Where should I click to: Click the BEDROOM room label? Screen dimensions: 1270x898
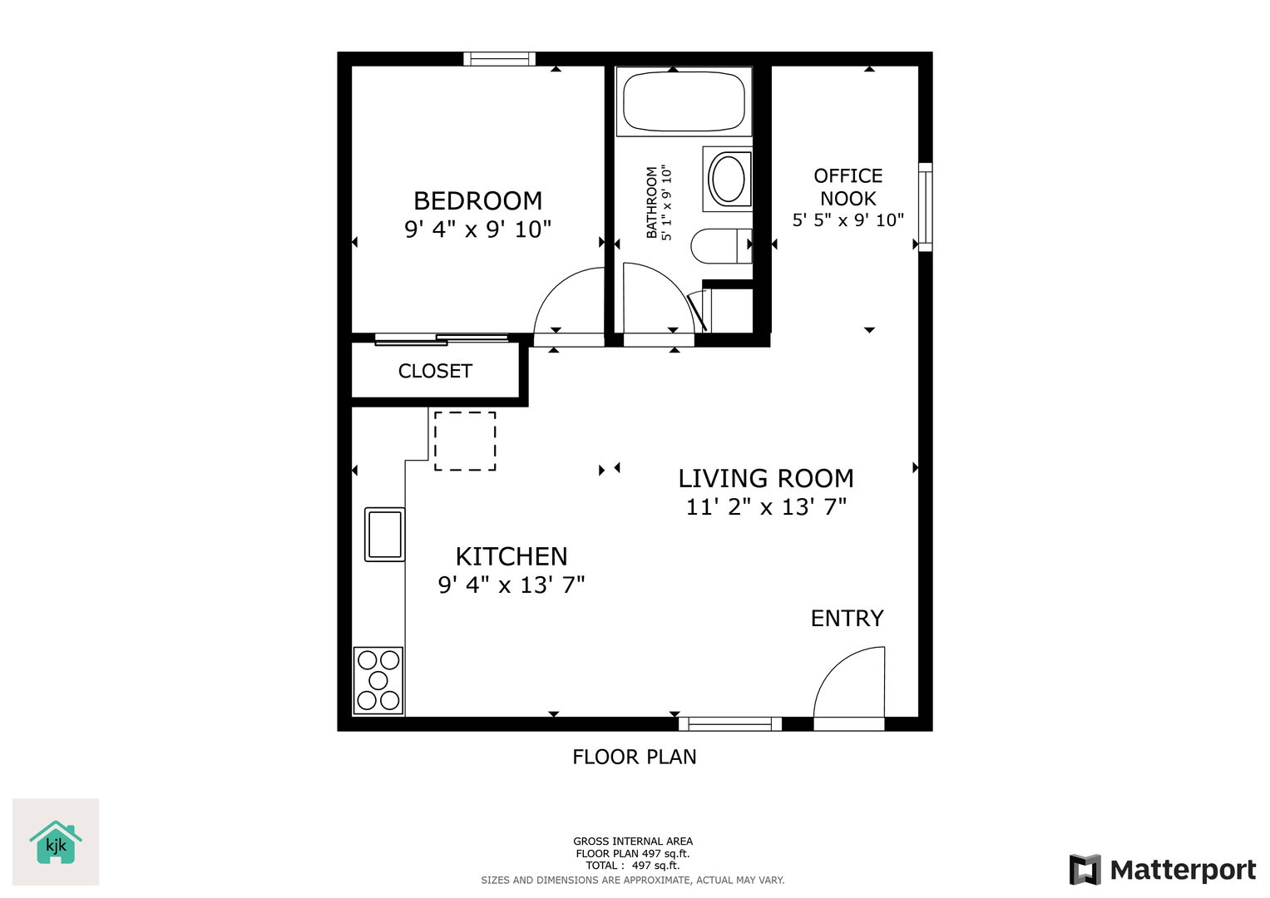click(x=477, y=200)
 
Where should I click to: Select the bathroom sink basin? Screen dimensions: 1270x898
click(x=728, y=179)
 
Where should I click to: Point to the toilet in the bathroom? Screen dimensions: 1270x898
click(x=721, y=246)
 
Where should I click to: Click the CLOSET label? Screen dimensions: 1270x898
click(x=435, y=371)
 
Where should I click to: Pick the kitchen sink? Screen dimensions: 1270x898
click(x=384, y=534)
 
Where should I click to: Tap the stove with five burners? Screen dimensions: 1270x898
click(x=378, y=680)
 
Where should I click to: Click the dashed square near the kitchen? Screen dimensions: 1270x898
click(x=465, y=441)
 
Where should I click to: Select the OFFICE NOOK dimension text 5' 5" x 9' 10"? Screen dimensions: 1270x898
click(x=847, y=220)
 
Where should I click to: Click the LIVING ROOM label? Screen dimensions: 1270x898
click(x=766, y=478)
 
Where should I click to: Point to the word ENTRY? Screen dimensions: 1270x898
click(x=847, y=618)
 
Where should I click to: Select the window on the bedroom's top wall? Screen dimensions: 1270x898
click(x=499, y=59)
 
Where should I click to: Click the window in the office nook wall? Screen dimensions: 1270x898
click(x=926, y=207)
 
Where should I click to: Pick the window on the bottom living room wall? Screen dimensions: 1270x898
click(x=730, y=724)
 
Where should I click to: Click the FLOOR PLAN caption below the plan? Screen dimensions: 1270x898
click(x=635, y=757)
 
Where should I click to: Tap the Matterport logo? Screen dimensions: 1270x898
click(x=1162, y=869)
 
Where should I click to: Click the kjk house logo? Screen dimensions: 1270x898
click(x=56, y=841)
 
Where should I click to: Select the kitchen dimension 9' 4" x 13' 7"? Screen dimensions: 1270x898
click(x=511, y=585)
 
